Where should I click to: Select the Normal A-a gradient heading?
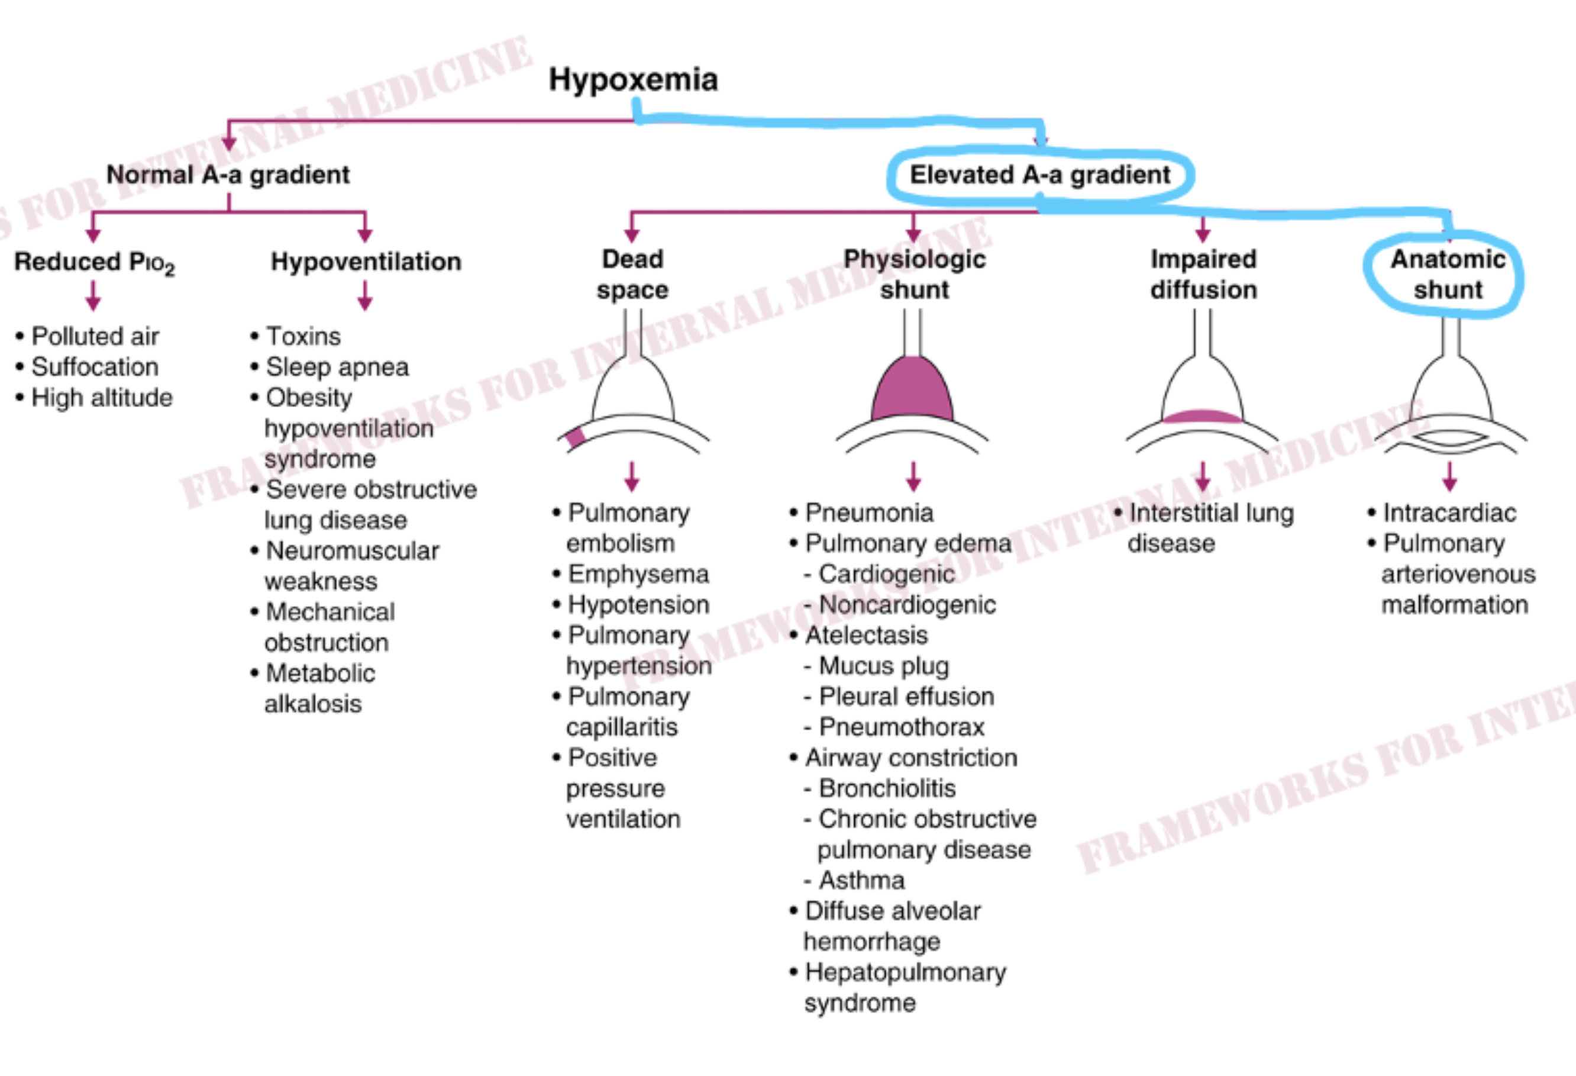(228, 175)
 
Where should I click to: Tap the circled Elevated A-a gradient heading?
(1040, 175)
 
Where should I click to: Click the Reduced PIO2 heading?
(94, 263)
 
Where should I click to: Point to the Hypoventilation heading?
(366, 261)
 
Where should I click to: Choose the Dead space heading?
(632, 274)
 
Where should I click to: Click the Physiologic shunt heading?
(914, 274)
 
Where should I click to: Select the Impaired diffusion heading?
(1204, 274)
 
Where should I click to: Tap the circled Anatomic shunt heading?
(1448, 274)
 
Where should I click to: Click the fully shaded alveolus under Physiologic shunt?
(913, 389)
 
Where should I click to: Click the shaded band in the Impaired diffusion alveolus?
(1202, 416)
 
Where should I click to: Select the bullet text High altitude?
(102, 398)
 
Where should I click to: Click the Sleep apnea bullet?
(338, 367)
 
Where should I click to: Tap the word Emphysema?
(638, 574)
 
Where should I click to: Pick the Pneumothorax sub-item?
(901, 727)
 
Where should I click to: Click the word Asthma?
(862, 880)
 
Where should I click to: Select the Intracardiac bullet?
(1450, 513)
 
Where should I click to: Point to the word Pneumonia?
(870, 513)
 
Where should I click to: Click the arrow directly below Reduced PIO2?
(93, 296)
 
